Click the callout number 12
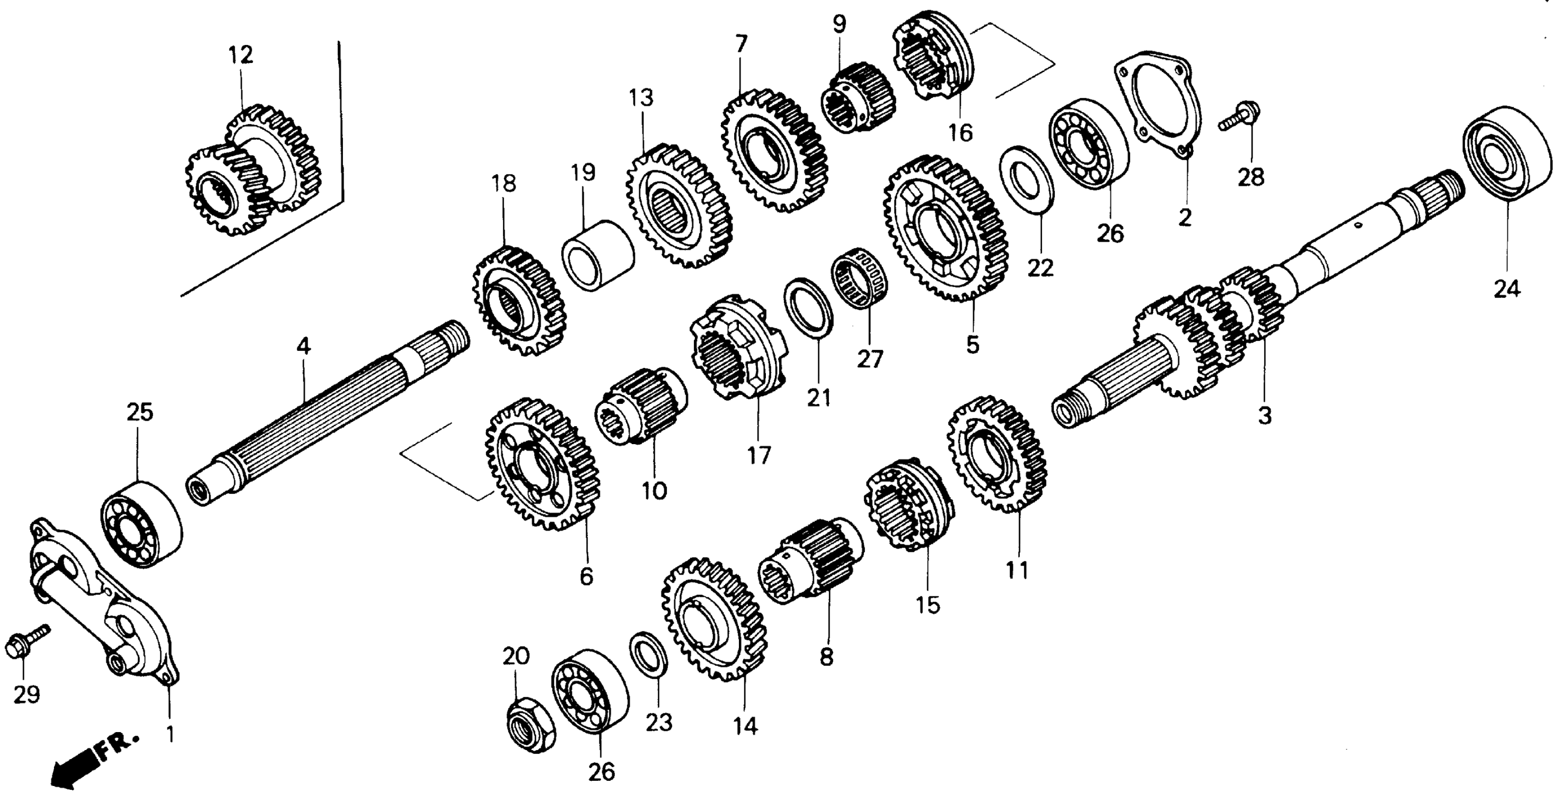[x=240, y=55]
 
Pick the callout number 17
[x=758, y=454]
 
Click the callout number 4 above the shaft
[x=303, y=346]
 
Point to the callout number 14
[x=745, y=725]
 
